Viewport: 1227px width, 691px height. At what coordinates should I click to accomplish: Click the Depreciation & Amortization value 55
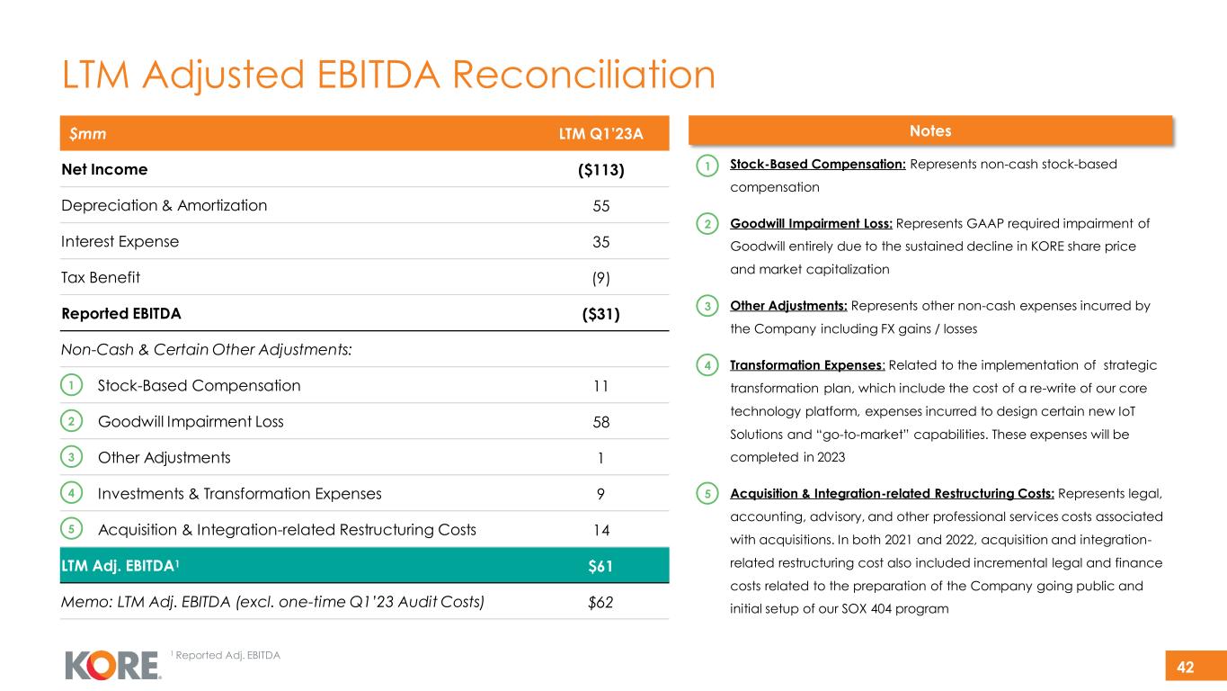(x=601, y=205)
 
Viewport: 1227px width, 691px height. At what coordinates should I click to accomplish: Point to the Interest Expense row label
(x=120, y=241)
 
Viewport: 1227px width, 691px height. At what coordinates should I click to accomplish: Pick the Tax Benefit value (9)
(x=601, y=277)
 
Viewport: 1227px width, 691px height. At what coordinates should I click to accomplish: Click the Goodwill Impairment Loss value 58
(x=601, y=422)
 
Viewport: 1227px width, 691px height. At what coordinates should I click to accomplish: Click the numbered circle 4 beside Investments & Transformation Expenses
(x=71, y=493)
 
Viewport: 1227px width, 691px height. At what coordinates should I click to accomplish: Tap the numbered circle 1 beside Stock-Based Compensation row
(x=71, y=385)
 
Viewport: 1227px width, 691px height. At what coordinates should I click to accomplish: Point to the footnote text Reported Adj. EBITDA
(x=227, y=655)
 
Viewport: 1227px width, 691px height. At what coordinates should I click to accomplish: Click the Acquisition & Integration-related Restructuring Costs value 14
(x=601, y=529)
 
